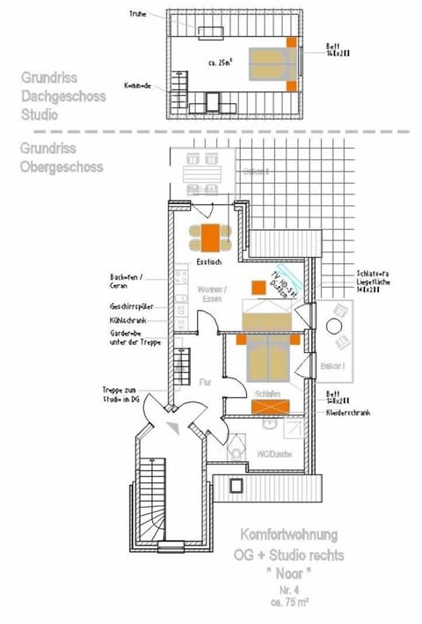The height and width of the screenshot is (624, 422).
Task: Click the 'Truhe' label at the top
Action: click(x=137, y=14)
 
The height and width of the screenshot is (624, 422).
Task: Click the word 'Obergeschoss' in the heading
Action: click(x=62, y=166)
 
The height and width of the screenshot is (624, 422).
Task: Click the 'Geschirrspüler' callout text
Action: click(x=132, y=305)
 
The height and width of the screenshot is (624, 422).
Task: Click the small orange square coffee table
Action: click(x=258, y=286)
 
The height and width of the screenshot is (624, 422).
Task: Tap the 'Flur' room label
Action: click(x=206, y=382)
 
